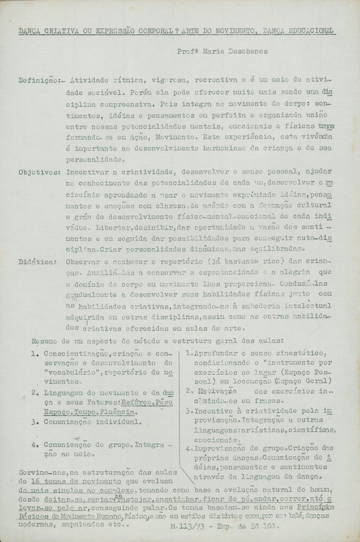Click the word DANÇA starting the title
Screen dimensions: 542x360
[x=31, y=31]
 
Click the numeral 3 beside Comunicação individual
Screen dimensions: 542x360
[x=33, y=422]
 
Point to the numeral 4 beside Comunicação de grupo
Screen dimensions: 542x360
[x=33, y=445]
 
